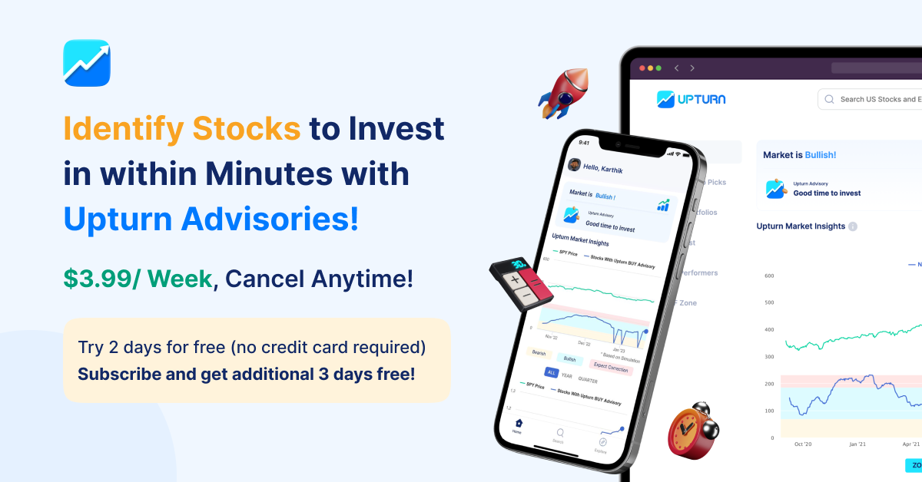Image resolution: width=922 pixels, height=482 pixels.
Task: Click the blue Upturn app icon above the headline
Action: point(86,63)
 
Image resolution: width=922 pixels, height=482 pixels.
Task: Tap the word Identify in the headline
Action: point(124,128)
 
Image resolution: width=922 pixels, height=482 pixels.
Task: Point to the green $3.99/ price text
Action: point(102,279)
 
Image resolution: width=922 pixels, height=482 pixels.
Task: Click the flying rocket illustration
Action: point(565,93)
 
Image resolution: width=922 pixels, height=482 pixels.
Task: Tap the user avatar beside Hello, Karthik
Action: point(573,164)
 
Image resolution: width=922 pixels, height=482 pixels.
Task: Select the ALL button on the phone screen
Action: point(551,372)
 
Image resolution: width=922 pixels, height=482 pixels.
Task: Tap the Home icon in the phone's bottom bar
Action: point(519,423)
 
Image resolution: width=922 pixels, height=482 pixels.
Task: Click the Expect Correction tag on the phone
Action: point(612,368)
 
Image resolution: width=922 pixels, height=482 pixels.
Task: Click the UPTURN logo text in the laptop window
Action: point(701,99)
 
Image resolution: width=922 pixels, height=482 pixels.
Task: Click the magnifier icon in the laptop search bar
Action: point(829,99)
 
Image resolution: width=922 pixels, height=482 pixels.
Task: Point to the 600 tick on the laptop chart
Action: point(768,276)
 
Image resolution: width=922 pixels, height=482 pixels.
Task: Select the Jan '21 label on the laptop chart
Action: point(857,444)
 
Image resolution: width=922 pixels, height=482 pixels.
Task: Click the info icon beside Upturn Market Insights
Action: point(853,226)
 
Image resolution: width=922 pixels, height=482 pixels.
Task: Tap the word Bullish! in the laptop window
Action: point(820,155)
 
